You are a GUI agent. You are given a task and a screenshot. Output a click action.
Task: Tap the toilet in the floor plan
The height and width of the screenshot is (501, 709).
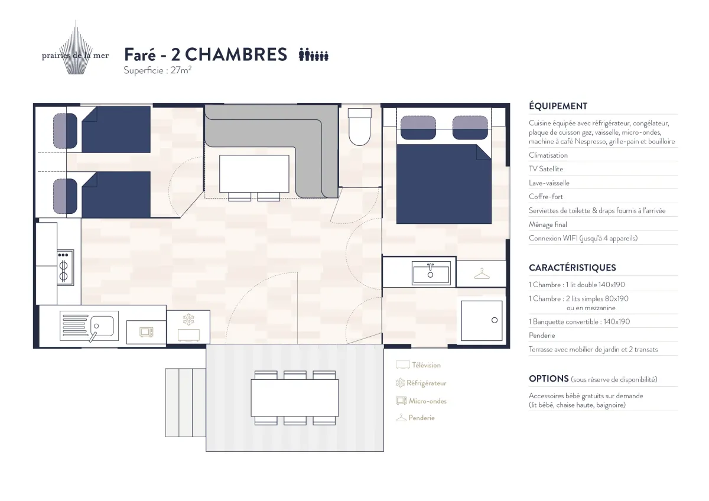359,127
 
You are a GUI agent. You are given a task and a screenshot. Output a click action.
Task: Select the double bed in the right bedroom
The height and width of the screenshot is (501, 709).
443,183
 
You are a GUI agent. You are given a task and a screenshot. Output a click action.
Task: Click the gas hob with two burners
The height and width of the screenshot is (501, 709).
64,268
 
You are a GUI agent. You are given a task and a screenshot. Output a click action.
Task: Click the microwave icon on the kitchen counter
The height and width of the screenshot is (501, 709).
146,332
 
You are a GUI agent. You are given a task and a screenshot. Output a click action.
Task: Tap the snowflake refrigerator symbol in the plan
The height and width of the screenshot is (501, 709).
188,320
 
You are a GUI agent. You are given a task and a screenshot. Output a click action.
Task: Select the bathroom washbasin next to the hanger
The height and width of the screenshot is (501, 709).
431,274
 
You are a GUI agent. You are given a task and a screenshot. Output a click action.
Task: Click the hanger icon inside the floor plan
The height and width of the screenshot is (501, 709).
482,274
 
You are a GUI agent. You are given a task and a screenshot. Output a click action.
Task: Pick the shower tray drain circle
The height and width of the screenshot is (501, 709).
495,320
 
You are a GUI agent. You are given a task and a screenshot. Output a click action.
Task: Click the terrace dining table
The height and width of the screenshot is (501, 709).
295,398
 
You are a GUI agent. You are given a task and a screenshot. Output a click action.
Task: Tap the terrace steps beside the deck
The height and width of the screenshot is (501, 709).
185,402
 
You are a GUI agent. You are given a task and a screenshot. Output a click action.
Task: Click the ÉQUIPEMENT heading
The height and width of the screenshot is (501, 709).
558,106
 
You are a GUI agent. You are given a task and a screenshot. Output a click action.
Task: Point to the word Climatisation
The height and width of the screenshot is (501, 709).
548,155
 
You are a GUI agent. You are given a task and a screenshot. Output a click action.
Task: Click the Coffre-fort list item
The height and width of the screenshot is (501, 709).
546,197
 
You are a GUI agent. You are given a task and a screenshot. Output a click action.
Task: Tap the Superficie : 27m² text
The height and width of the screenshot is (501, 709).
157,70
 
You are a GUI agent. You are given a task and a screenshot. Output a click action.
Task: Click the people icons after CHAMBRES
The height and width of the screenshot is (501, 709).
313,55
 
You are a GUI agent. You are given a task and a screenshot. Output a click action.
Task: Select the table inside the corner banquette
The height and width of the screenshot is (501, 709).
254,174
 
